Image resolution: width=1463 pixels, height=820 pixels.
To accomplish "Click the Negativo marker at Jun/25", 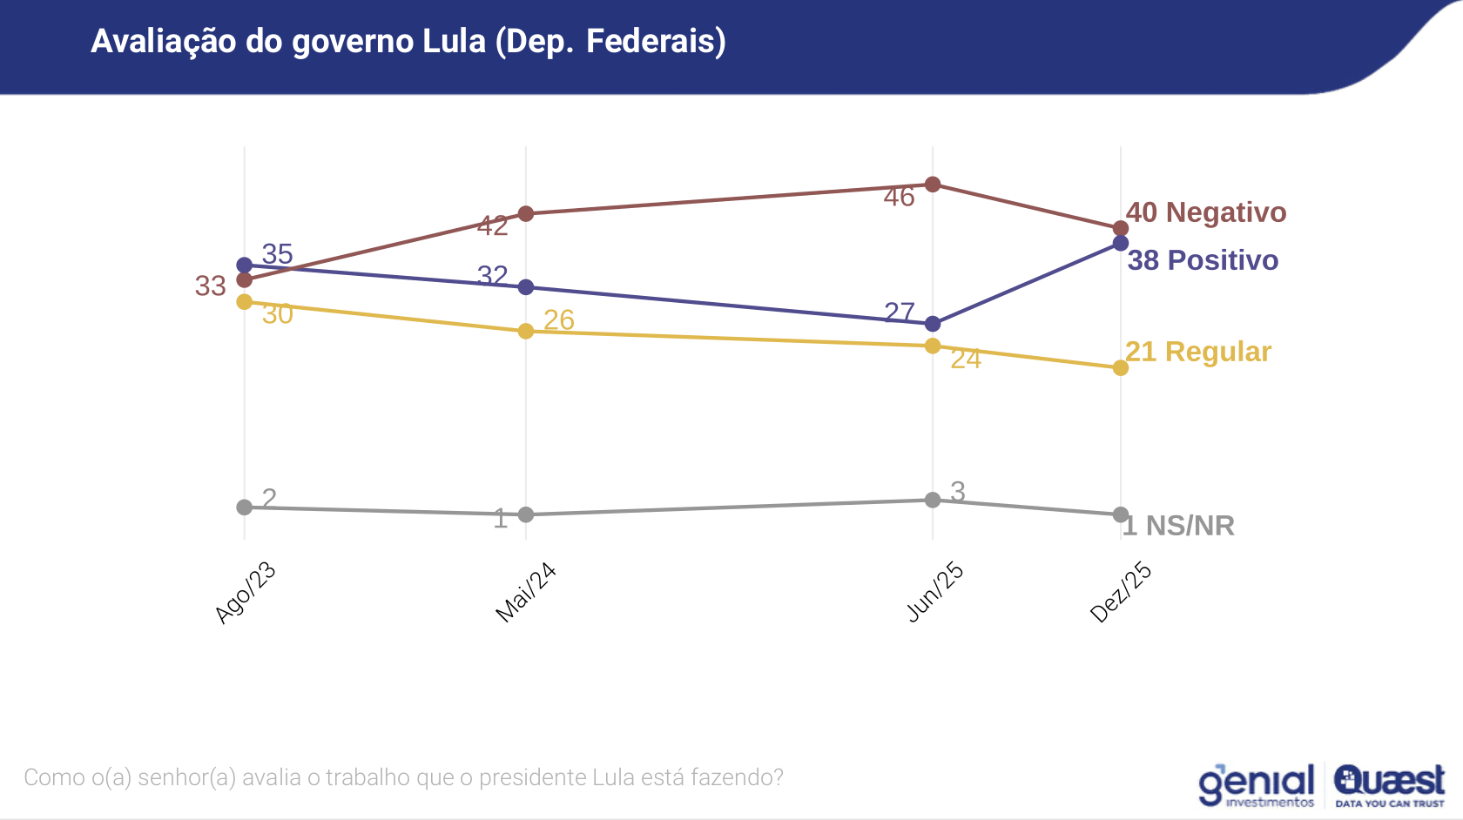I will [933, 184].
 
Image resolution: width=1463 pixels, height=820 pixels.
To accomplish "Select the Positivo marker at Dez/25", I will [1121, 243].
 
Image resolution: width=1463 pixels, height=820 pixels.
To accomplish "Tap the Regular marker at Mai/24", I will [526, 331].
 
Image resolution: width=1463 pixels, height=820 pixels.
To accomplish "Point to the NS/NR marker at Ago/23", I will [245, 507].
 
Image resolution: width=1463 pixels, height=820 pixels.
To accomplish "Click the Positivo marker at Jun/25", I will [933, 324].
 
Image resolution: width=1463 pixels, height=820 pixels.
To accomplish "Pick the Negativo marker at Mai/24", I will [526, 213].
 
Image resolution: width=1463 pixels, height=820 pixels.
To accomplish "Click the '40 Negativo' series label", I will [1206, 212].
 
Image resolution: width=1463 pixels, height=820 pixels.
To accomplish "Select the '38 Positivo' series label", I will [1203, 260].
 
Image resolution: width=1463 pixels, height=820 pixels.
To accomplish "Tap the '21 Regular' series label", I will [1198, 352].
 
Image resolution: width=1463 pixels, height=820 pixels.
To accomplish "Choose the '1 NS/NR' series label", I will [1179, 526].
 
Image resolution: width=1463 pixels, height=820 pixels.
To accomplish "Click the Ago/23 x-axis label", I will [246, 593].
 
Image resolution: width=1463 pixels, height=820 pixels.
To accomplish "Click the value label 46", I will [899, 198].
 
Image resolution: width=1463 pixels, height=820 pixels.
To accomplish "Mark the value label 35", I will [277, 254].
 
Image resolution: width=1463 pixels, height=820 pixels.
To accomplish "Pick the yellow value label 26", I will [559, 320].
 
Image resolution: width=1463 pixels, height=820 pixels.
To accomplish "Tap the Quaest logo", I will [1389, 785].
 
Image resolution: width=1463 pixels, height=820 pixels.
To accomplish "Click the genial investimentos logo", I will [1257, 785].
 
